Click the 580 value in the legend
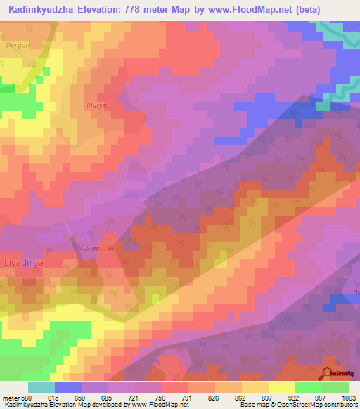(x=25, y=398)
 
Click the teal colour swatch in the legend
(x=41, y=387)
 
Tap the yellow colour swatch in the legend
(x=281, y=387)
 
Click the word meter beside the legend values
(x=9, y=398)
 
